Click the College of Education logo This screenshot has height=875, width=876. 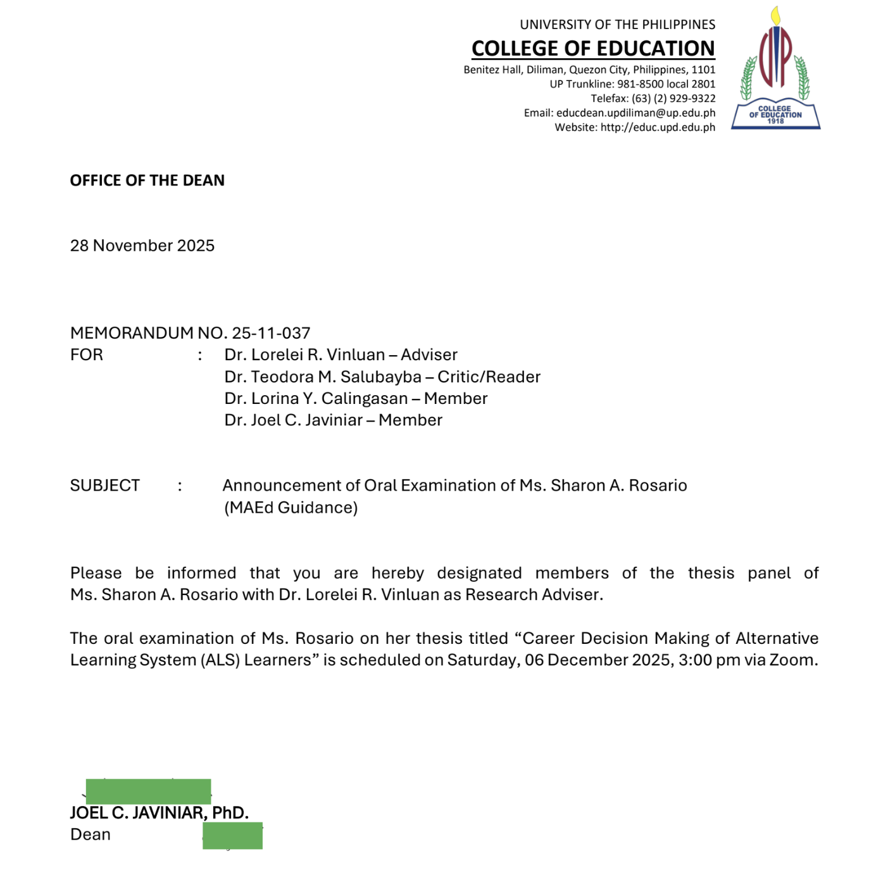tap(775, 70)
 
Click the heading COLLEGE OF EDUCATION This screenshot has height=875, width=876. tap(593, 49)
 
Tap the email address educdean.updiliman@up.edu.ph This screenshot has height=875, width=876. tap(635, 113)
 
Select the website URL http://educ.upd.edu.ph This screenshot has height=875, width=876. tap(658, 127)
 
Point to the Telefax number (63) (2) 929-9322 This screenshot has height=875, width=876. tap(673, 98)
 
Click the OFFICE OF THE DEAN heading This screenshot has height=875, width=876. tap(147, 180)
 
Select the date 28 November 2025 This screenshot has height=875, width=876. tap(142, 246)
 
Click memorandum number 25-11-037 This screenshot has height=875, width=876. tap(271, 333)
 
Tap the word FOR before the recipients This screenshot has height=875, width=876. tap(87, 355)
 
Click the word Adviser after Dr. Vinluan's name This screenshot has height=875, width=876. tap(429, 355)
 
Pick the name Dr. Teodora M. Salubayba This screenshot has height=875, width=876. tap(323, 377)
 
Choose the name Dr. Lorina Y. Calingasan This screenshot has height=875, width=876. tap(316, 398)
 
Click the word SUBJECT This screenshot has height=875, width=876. tap(105, 486)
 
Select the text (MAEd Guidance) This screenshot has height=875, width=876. tap(291, 508)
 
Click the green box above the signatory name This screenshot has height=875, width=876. tap(148, 791)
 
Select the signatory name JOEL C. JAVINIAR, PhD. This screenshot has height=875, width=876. tap(159, 813)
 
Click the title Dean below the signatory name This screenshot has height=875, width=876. tap(91, 834)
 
